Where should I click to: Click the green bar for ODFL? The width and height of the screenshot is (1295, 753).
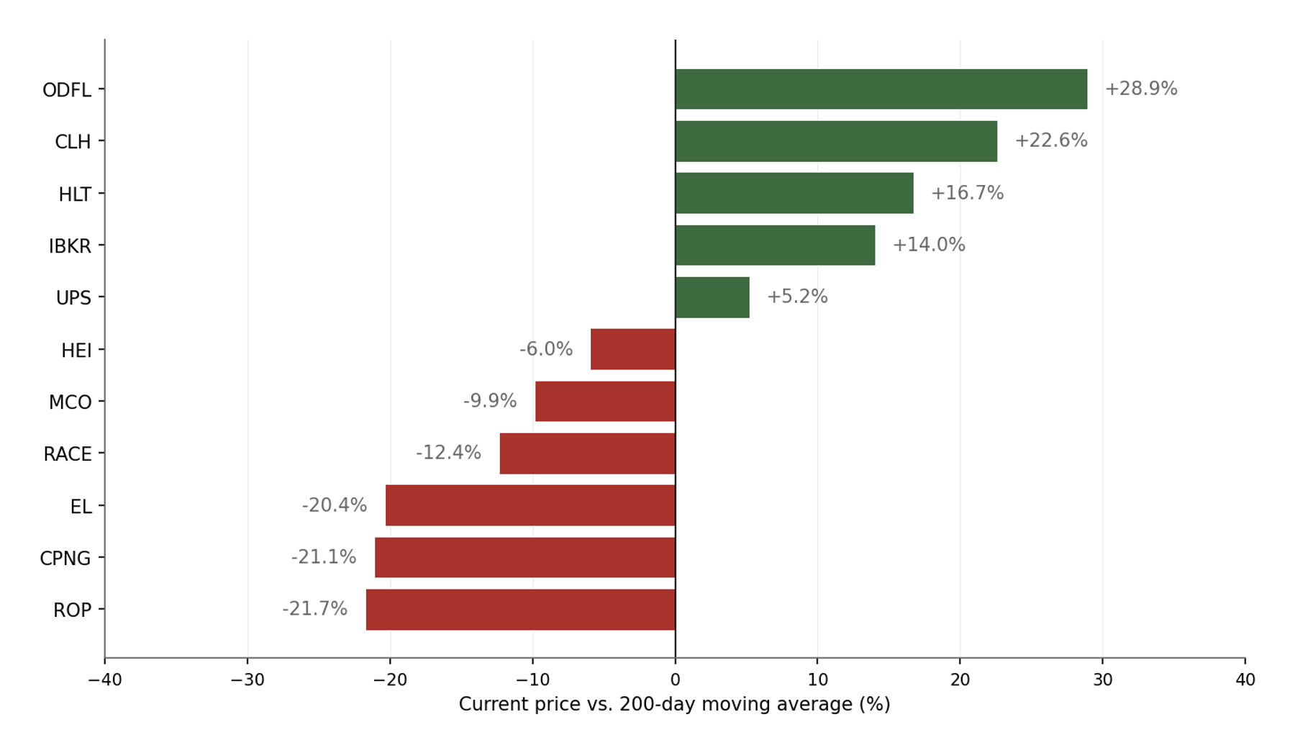tap(881, 89)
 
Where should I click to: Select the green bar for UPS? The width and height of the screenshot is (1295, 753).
tap(712, 297)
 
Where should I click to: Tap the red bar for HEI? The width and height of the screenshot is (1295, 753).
tap(633, 349)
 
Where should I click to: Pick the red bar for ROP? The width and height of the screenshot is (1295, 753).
tap(520, 610)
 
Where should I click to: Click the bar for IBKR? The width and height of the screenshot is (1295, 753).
tap(775, 245)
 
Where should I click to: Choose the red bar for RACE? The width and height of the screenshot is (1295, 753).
tap(587, 454)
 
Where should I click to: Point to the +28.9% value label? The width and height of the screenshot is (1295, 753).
tap(1141, 89)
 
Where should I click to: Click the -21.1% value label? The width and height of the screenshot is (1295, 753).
tap(324, 557)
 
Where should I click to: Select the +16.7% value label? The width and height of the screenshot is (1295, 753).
tap(967, 193)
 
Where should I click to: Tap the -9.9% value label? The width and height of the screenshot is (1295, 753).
tap(490, 401)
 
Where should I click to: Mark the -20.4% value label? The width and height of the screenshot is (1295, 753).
tap(335, 505)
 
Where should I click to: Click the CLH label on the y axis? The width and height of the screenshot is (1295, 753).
tap(73, 142)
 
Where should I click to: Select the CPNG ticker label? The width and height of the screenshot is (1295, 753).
tap(65, 559)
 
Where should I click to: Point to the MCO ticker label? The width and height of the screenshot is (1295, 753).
tap(70, 402)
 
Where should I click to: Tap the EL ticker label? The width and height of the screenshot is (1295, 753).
tap(81, 507)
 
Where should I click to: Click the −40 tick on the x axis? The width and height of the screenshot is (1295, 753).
tap(105, 680)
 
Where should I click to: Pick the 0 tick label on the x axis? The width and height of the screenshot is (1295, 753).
tap(675, 680)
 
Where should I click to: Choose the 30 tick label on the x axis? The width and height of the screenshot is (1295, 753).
tap(1102, 680)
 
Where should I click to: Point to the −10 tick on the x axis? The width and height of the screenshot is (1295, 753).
tap(532, 680)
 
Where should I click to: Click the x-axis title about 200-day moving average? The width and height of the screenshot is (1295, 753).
tap(674, 704)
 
